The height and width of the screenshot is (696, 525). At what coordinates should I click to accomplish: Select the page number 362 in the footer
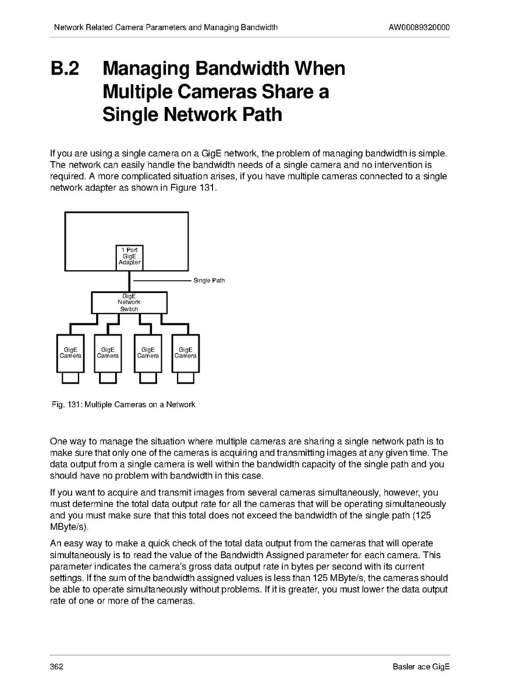pyautogui.click(x=57, y=666)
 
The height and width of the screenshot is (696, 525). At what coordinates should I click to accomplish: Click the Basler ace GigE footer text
pyautogui.click(x=421, y=666)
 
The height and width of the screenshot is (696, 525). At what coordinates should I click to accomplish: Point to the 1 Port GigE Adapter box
pyautogui.click(x=129, y=256)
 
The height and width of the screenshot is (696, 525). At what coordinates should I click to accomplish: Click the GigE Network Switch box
pyautogui.click(x=129, y=302)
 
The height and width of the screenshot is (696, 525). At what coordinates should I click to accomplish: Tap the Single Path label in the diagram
pyautogui.click(x=209, y=281)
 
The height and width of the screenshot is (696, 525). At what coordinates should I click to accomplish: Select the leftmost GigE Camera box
pyautogui.click(x=70, y=353)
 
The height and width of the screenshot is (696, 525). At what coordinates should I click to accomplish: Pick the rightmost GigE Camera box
pyautogui.click(x=186, y=353)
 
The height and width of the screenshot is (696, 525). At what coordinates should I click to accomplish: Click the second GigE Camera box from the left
pyautogui.click(x=108, y=353)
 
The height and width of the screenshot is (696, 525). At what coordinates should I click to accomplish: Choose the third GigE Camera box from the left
pyautogui.click(x=147, y=353)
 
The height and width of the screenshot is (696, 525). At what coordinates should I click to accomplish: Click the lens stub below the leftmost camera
pyautogui.click(x=70, y=378)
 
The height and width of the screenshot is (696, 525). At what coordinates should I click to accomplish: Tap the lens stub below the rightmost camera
pyautogui.click(x=186, y=378)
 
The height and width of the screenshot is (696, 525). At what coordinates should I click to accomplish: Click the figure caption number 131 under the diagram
pyautogui.click(x=73, y=404)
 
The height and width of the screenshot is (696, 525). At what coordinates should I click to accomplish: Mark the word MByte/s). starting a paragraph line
pyautogui.click(x=69, y=527)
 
